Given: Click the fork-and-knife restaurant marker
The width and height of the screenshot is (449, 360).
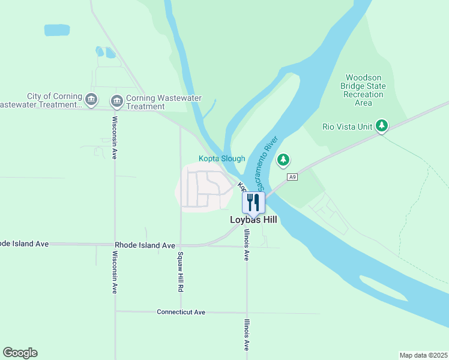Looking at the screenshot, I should tap(253, 202).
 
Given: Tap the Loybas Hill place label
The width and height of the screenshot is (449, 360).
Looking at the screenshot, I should tap(253, 220).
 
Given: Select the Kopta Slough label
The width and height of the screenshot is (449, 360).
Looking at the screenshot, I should tap(222, 158).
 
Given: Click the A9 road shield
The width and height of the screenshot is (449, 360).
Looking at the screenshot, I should tap(292, 177).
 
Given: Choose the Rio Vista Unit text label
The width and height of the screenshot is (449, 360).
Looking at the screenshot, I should tap(347, 126).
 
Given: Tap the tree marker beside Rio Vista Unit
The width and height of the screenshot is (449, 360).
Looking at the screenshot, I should tap(381, 125).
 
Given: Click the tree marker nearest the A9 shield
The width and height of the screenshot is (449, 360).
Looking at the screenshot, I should tap(283, 160).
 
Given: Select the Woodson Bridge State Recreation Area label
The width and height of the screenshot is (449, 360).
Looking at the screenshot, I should tap(363, 90).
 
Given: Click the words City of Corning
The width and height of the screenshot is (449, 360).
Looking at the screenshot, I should tap(54, 96).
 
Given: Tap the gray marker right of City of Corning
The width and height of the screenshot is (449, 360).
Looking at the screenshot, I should tap(91, 100).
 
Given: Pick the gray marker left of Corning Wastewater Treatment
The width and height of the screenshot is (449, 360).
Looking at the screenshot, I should tap(117, 101).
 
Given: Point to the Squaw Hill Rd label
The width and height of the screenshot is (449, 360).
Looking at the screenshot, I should tap(180, 272).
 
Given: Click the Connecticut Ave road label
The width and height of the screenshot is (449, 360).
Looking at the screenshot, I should tap(181, 312).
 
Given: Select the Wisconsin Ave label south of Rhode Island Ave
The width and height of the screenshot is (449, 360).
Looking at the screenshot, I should tap(114, 272).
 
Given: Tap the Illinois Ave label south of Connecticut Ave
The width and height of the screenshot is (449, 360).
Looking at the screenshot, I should tap(246, 335).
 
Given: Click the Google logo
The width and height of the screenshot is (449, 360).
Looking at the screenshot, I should tap(20, 353).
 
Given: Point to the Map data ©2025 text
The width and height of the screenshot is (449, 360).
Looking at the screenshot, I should tap(423, 355).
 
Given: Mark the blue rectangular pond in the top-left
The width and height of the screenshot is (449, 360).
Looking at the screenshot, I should tap(57, 30).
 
